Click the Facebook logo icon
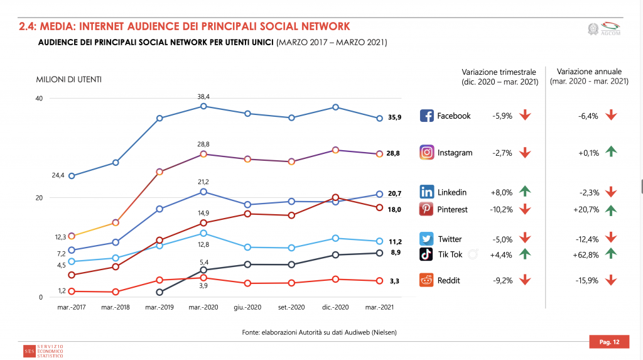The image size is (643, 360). (427, 116)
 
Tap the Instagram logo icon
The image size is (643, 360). (427, 153)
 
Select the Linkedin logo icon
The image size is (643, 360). (427, 192)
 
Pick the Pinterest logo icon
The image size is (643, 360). (427, 209)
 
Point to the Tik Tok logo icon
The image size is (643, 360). (427, 254)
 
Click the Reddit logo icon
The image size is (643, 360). (427, 281)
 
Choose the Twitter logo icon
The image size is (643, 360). (427, 239)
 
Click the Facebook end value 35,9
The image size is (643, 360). (394, 117)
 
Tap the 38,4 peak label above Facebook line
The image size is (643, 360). (203, 96)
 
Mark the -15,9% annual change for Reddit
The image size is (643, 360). (586, 281)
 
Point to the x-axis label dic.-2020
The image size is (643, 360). (335, 308)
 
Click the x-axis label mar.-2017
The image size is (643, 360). (71, 308)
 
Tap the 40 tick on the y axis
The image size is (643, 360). (39, 99)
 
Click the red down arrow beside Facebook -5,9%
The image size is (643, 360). (526, 116)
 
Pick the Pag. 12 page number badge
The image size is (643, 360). (609, 342)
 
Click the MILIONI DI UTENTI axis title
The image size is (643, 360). (69, 79)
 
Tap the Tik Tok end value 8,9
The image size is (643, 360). (395, 253)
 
